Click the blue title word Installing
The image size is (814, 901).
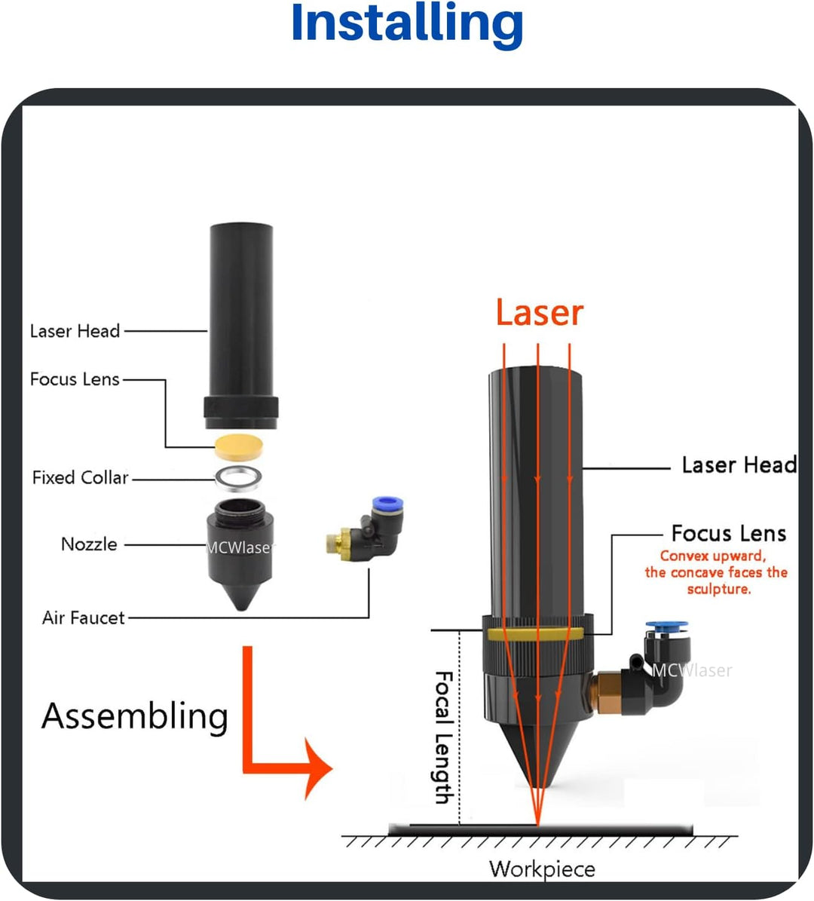click(407, 24)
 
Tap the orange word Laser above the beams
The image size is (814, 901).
click(539, 313)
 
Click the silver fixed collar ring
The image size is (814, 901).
click(240, 477)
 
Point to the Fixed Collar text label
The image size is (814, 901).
click(80, 477)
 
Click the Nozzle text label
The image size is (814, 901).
click(89, 544)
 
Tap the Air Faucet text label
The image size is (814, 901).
click(83, 618)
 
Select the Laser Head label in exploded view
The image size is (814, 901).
click(75, 330)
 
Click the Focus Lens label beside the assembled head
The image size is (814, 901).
click(728, 534)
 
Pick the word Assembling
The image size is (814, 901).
click(135, 716)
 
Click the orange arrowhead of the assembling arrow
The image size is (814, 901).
click(317, 769)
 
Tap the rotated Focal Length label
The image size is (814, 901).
click(444, 737)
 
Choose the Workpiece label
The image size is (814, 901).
click(542, 869)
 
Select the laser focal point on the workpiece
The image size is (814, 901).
click(537, 823)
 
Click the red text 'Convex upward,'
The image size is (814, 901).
click(712, 556)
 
